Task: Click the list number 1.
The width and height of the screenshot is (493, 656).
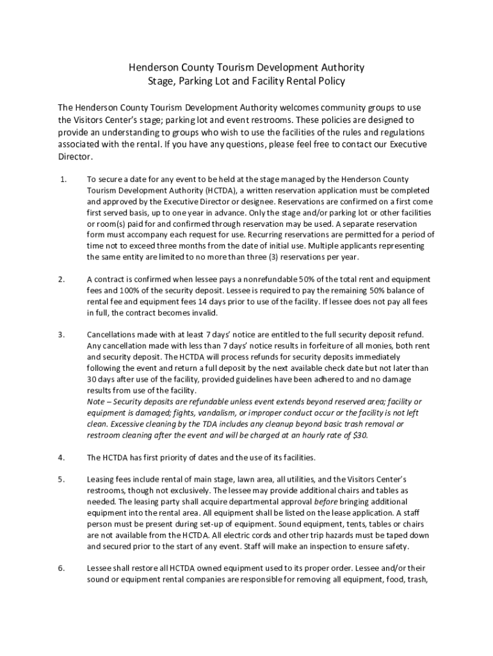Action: click(62, 179)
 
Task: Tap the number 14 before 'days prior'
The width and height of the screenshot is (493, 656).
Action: click(243, 302)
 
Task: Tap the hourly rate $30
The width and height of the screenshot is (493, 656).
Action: click(359, 436)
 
